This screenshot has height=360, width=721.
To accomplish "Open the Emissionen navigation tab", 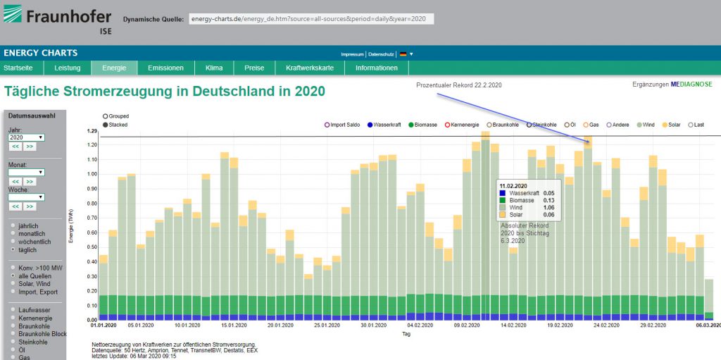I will [x=165, y=68].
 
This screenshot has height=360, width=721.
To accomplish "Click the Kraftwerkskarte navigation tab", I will [x=310, y=68].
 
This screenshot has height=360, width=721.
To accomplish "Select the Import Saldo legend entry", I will [x=344, y=125].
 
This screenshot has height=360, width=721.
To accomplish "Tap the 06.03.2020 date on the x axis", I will [x=708, y=325].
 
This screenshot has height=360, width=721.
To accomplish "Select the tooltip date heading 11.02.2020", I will [x=515, y=185].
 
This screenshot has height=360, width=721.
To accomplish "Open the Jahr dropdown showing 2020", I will [x=26, y=137].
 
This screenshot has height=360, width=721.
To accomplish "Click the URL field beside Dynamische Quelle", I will [x=311, y=19].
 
